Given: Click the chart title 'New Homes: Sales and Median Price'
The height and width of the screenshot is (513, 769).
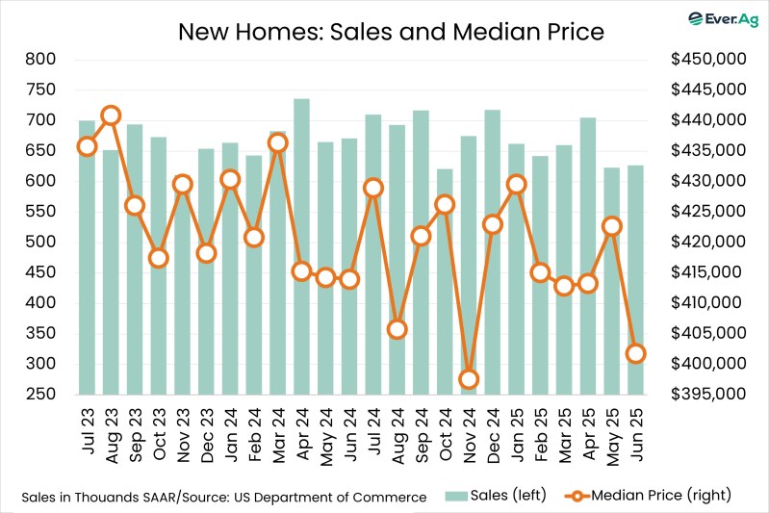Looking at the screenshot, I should [390, 32].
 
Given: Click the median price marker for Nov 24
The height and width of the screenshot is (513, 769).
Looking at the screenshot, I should [468, 379].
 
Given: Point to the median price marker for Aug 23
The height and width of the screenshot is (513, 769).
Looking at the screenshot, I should [111, 115].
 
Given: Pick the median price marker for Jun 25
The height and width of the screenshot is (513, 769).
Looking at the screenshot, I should [635, 354].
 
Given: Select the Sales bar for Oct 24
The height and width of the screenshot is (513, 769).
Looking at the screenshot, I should [444, 289].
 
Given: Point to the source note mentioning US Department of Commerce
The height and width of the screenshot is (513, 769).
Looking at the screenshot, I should [223, 497].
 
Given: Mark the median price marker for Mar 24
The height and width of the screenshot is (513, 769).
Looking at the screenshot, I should [277, 143].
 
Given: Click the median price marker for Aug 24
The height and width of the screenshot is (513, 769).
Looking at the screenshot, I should [397, 329].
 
